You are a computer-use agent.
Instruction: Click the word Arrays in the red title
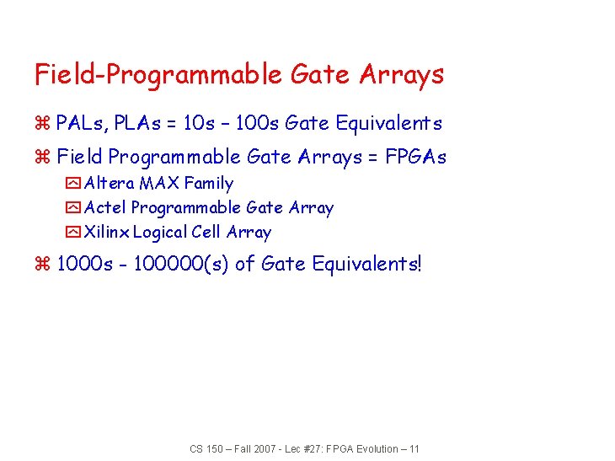402,75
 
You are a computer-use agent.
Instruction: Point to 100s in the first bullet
256,124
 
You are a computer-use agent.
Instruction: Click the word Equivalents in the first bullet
388,124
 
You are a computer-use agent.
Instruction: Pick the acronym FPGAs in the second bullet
415,157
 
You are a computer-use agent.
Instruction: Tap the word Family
208,183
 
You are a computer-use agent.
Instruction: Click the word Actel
105,207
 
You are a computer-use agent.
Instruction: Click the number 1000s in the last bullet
84,264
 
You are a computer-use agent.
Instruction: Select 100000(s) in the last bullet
179,264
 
